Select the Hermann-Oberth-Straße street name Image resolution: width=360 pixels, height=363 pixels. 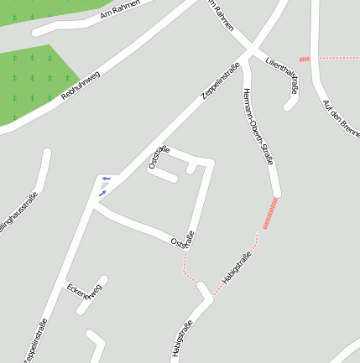[257, 125]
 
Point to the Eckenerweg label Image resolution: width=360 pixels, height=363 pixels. [85, 296]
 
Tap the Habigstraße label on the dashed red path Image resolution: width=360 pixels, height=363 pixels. [237, 267]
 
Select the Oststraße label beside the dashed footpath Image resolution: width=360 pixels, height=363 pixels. [182, 240]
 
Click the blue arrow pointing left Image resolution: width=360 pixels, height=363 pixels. [106, 178]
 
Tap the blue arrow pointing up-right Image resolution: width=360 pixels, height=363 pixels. [102, 194]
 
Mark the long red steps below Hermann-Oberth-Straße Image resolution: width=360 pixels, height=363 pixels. [269, 213]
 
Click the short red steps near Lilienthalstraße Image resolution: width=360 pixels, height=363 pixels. [304, 59]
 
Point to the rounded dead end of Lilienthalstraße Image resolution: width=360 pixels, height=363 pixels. [290, 105]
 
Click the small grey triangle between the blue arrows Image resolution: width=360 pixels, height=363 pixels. [103, 185]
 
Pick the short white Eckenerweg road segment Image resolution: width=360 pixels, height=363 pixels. [92, 294]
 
